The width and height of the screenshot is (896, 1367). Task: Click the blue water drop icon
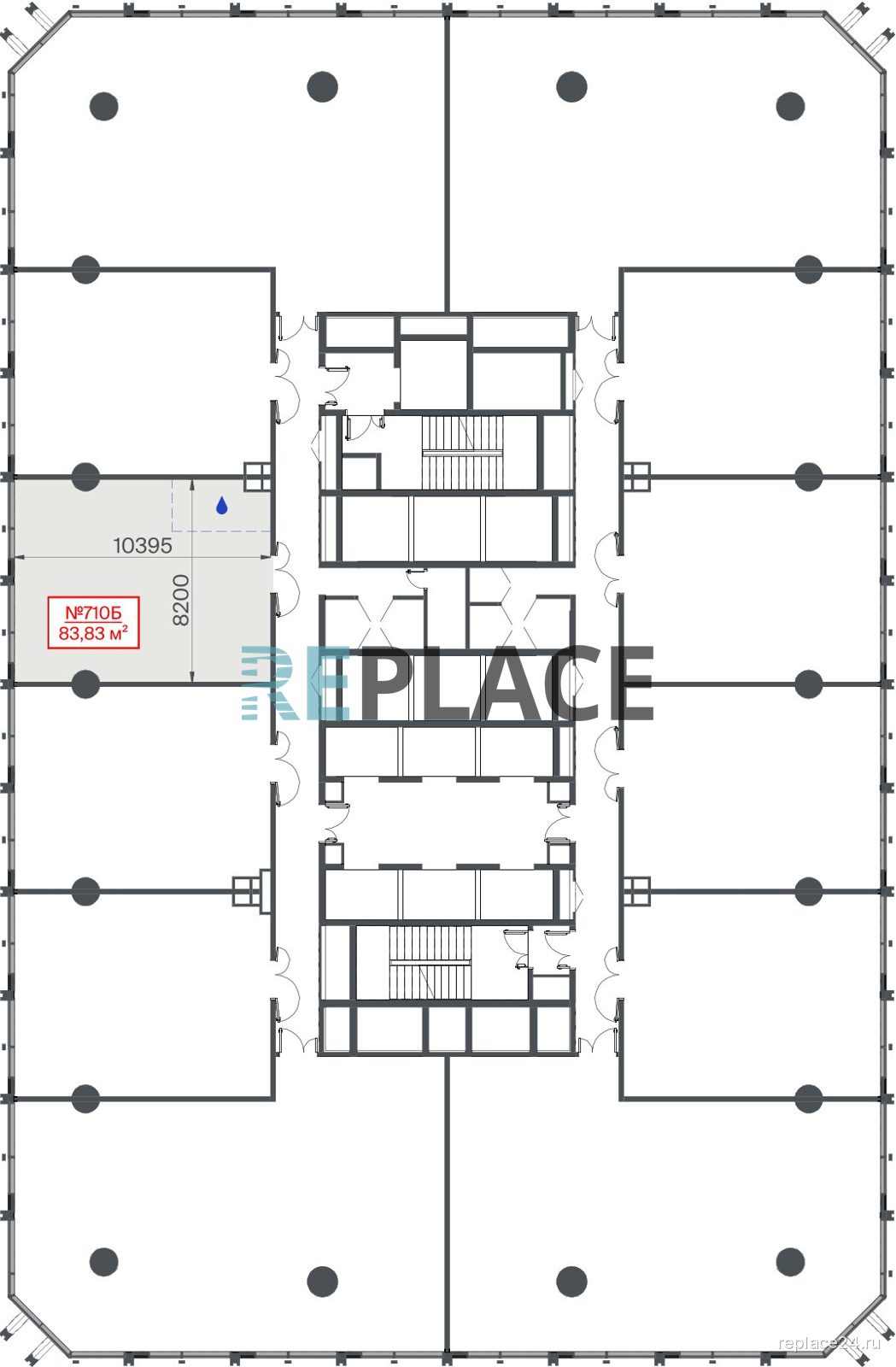221,505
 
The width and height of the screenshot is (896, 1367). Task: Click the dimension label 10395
143,545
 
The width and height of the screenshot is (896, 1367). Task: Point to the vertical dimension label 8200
181,600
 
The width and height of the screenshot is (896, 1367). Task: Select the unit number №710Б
93,612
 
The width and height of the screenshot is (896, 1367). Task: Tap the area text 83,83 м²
93,633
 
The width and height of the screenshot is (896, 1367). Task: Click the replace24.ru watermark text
829,1342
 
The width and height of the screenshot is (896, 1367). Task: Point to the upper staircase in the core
463,452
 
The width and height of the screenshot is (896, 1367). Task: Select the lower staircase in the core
430,962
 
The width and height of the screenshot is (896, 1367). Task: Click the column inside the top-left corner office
103,106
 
